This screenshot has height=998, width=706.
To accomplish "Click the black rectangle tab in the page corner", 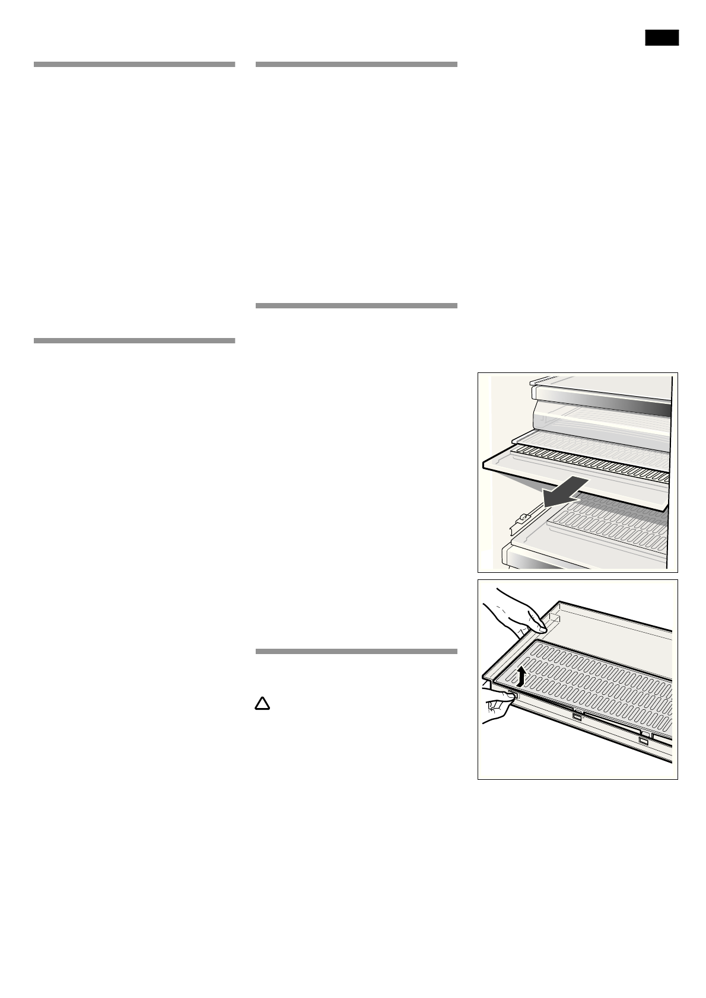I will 662,37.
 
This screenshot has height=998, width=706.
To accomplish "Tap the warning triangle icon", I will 262,703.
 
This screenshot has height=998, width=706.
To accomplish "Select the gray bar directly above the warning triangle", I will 356,651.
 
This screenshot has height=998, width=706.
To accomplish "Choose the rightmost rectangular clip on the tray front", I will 644,741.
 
